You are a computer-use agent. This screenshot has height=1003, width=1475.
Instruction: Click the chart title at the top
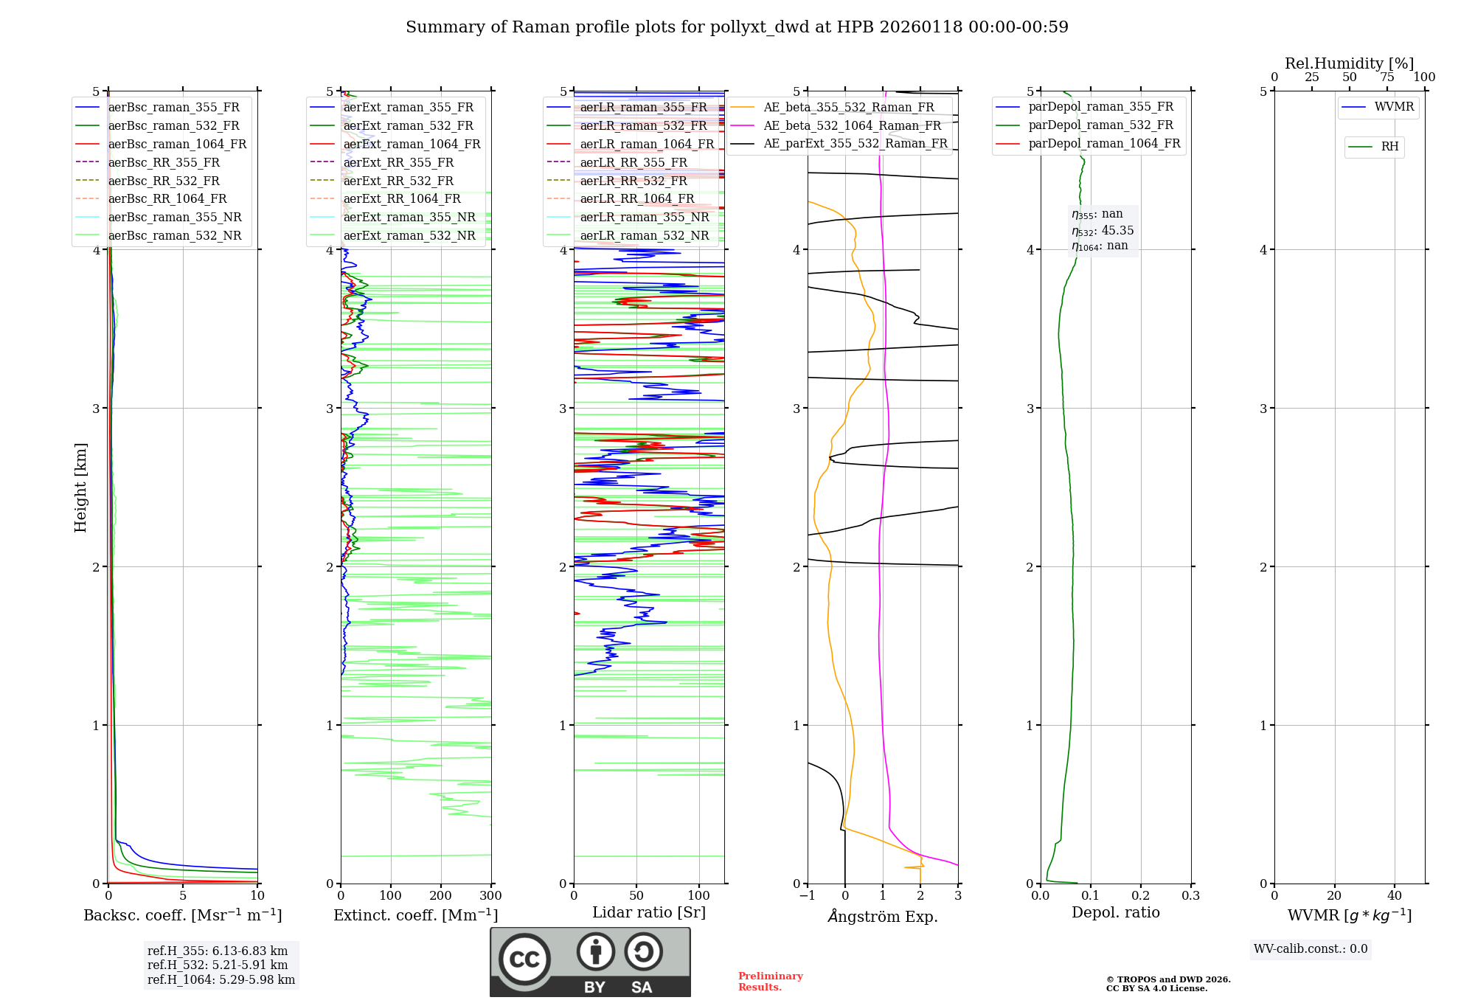(737, 27)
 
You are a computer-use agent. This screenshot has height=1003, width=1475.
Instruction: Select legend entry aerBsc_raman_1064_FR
(177, 144)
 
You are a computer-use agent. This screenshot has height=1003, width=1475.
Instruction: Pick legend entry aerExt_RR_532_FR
(398, 181)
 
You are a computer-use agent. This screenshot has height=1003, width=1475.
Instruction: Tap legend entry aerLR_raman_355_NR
(644, 217)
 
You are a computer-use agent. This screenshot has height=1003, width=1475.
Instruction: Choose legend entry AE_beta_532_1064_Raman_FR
(852, 125)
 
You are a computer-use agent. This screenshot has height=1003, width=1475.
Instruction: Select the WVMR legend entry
(1394, 107)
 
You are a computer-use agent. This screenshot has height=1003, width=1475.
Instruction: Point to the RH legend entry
(1389, 147)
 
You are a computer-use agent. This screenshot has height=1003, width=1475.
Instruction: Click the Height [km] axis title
(80, 487)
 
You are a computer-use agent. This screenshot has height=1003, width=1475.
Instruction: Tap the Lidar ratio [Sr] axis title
(648, 912)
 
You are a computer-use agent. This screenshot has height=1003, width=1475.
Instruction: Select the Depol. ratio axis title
(1115, 912)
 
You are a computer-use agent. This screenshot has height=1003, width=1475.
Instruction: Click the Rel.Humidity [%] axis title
(1349, 63)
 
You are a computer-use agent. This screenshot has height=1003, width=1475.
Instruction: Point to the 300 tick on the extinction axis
(490, 896)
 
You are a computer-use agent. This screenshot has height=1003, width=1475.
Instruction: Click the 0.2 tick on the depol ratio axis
(1140, 896)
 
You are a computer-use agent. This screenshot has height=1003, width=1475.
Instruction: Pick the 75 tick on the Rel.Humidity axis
(1386, 77)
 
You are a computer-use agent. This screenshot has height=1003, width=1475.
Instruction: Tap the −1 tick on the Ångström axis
(807, 896)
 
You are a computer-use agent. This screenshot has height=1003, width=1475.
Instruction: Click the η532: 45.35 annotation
(1103, 231)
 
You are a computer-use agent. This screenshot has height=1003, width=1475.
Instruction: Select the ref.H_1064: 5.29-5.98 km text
(221, 979)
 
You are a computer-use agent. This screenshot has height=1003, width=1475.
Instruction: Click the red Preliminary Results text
(770, 982)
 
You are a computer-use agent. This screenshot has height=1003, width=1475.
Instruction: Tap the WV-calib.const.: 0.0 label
(1311, 949)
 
